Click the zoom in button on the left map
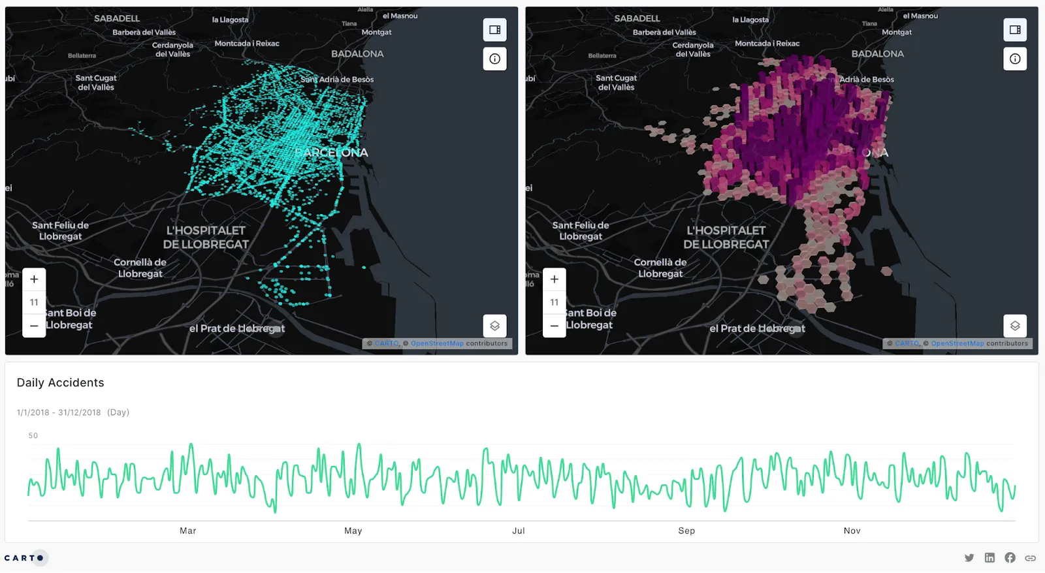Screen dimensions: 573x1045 [x=34, y=279]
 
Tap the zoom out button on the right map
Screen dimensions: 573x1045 [x=554, y=326]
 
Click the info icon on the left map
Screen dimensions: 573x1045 [x=494, y=59]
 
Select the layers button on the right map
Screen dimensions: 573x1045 [x=1014, y=326]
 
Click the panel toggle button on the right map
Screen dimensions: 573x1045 [x=1014, y=30]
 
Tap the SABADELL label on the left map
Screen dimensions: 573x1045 [x=117, y=18]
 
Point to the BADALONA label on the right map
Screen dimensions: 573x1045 [x=877, y=54]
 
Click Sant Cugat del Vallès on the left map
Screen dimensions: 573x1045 [x=96, y=82]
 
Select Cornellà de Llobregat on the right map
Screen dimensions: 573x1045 [x=660, y=268]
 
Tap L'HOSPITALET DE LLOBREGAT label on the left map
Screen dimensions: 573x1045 [x=206, y=238]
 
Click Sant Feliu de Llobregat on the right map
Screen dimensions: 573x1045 [x=581, y=231]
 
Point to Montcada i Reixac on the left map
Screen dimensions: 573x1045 [x=247, y=44]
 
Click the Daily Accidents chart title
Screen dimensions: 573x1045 [x=60, y=382]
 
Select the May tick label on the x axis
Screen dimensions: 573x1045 [x=353, y=531]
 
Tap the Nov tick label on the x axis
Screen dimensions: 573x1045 [x=852, y=531]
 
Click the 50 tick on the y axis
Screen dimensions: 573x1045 [x=33, y=435]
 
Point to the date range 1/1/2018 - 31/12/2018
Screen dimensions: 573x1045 [x=59, y=412]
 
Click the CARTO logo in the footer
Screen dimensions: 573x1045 [x=24, y=558]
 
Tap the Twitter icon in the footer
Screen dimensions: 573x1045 [x=969, y=558]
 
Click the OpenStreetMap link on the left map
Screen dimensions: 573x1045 [x=437, y=343]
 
